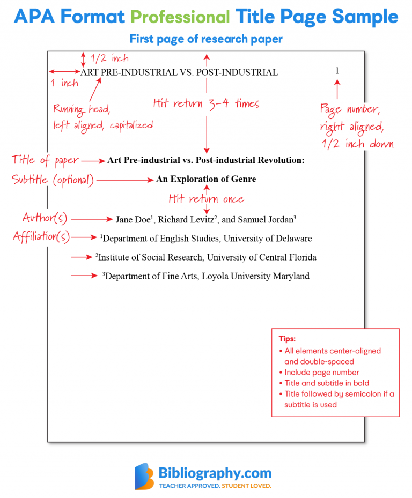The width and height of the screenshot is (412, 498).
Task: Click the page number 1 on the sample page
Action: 337,71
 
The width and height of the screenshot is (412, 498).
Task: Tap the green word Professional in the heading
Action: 180,17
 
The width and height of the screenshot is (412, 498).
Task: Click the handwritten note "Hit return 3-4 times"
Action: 206,103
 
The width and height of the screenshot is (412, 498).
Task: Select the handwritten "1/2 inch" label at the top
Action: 109,58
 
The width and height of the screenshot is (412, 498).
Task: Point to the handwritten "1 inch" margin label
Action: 64,83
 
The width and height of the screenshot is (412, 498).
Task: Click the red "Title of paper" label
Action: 46,160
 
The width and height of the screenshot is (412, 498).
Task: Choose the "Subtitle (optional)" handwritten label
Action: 53,180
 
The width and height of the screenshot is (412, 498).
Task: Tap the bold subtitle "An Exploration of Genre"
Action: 206,179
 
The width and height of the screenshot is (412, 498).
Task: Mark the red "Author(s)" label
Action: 45,218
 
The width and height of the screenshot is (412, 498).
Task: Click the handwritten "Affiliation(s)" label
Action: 42,236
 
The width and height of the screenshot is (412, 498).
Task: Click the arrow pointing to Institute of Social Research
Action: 82,258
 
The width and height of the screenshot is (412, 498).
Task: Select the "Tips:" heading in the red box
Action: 287,339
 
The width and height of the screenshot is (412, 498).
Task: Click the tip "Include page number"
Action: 322,372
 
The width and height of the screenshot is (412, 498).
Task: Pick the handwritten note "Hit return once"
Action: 206,199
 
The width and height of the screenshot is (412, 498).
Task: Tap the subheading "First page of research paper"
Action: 206,39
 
